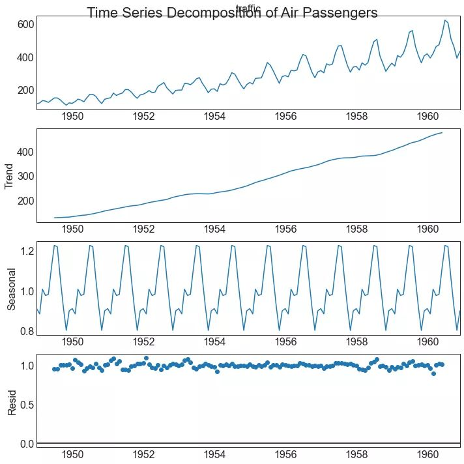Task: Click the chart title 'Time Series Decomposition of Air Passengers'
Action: click(x=232, y=13)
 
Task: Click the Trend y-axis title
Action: click(x=10, y=176)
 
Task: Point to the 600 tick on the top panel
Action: click(x=25, y=24)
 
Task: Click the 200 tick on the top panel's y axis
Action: click(x=25, y=91)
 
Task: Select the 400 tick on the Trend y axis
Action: click(x=25, y=152)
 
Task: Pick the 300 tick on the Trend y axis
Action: click(x=25, y=176)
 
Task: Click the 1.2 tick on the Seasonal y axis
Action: click(x=25, y=251)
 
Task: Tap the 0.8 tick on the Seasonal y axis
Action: click(x=25, y=331)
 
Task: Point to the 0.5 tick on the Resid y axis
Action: click(x=25, y=405)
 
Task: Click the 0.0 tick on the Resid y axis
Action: click(x=25, y=444)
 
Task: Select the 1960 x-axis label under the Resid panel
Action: click(x=428, y=454)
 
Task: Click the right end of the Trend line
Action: click(x=442, y=133)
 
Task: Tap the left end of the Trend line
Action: click(x=55, y=218)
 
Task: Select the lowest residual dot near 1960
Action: click(x=433, y=373)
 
